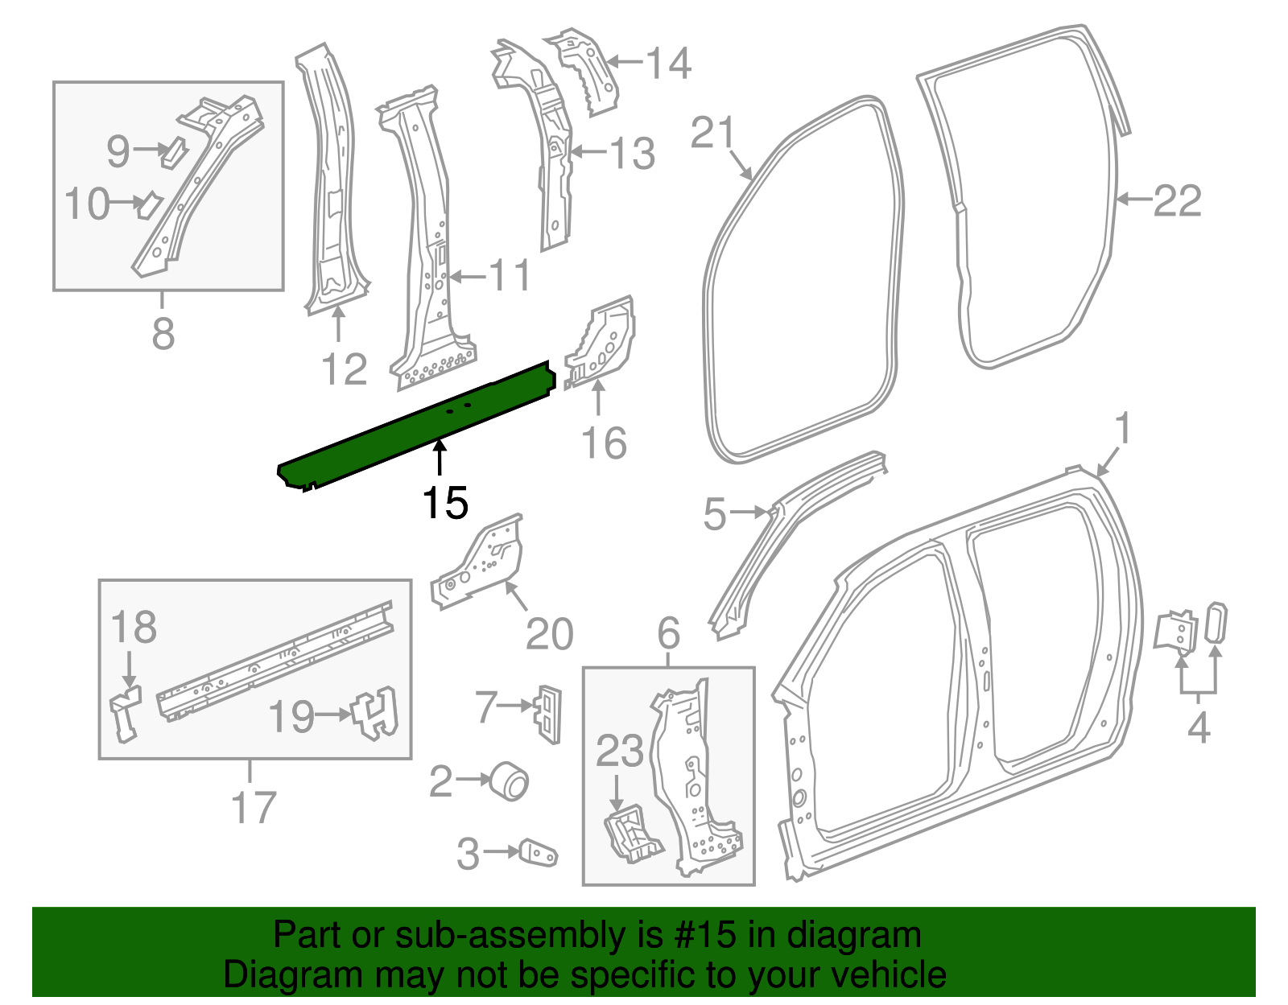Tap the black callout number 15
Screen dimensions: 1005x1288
[444, 504]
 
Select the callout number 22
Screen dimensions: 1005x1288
[1177, 201]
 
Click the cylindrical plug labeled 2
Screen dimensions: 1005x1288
[510, 781]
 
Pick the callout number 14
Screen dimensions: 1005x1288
[668, 63]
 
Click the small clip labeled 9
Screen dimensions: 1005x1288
[173, 151]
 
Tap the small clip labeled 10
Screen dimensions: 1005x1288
[149, 204]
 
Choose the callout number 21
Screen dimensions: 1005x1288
[712, 133]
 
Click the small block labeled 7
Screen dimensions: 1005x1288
[547, 713]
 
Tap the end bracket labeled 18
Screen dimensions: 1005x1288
[125, 713]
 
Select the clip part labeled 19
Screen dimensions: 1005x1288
[376, 713]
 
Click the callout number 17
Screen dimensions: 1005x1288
[254, 807]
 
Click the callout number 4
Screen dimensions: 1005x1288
[1199, 727]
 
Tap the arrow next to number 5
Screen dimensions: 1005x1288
[750, 512]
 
